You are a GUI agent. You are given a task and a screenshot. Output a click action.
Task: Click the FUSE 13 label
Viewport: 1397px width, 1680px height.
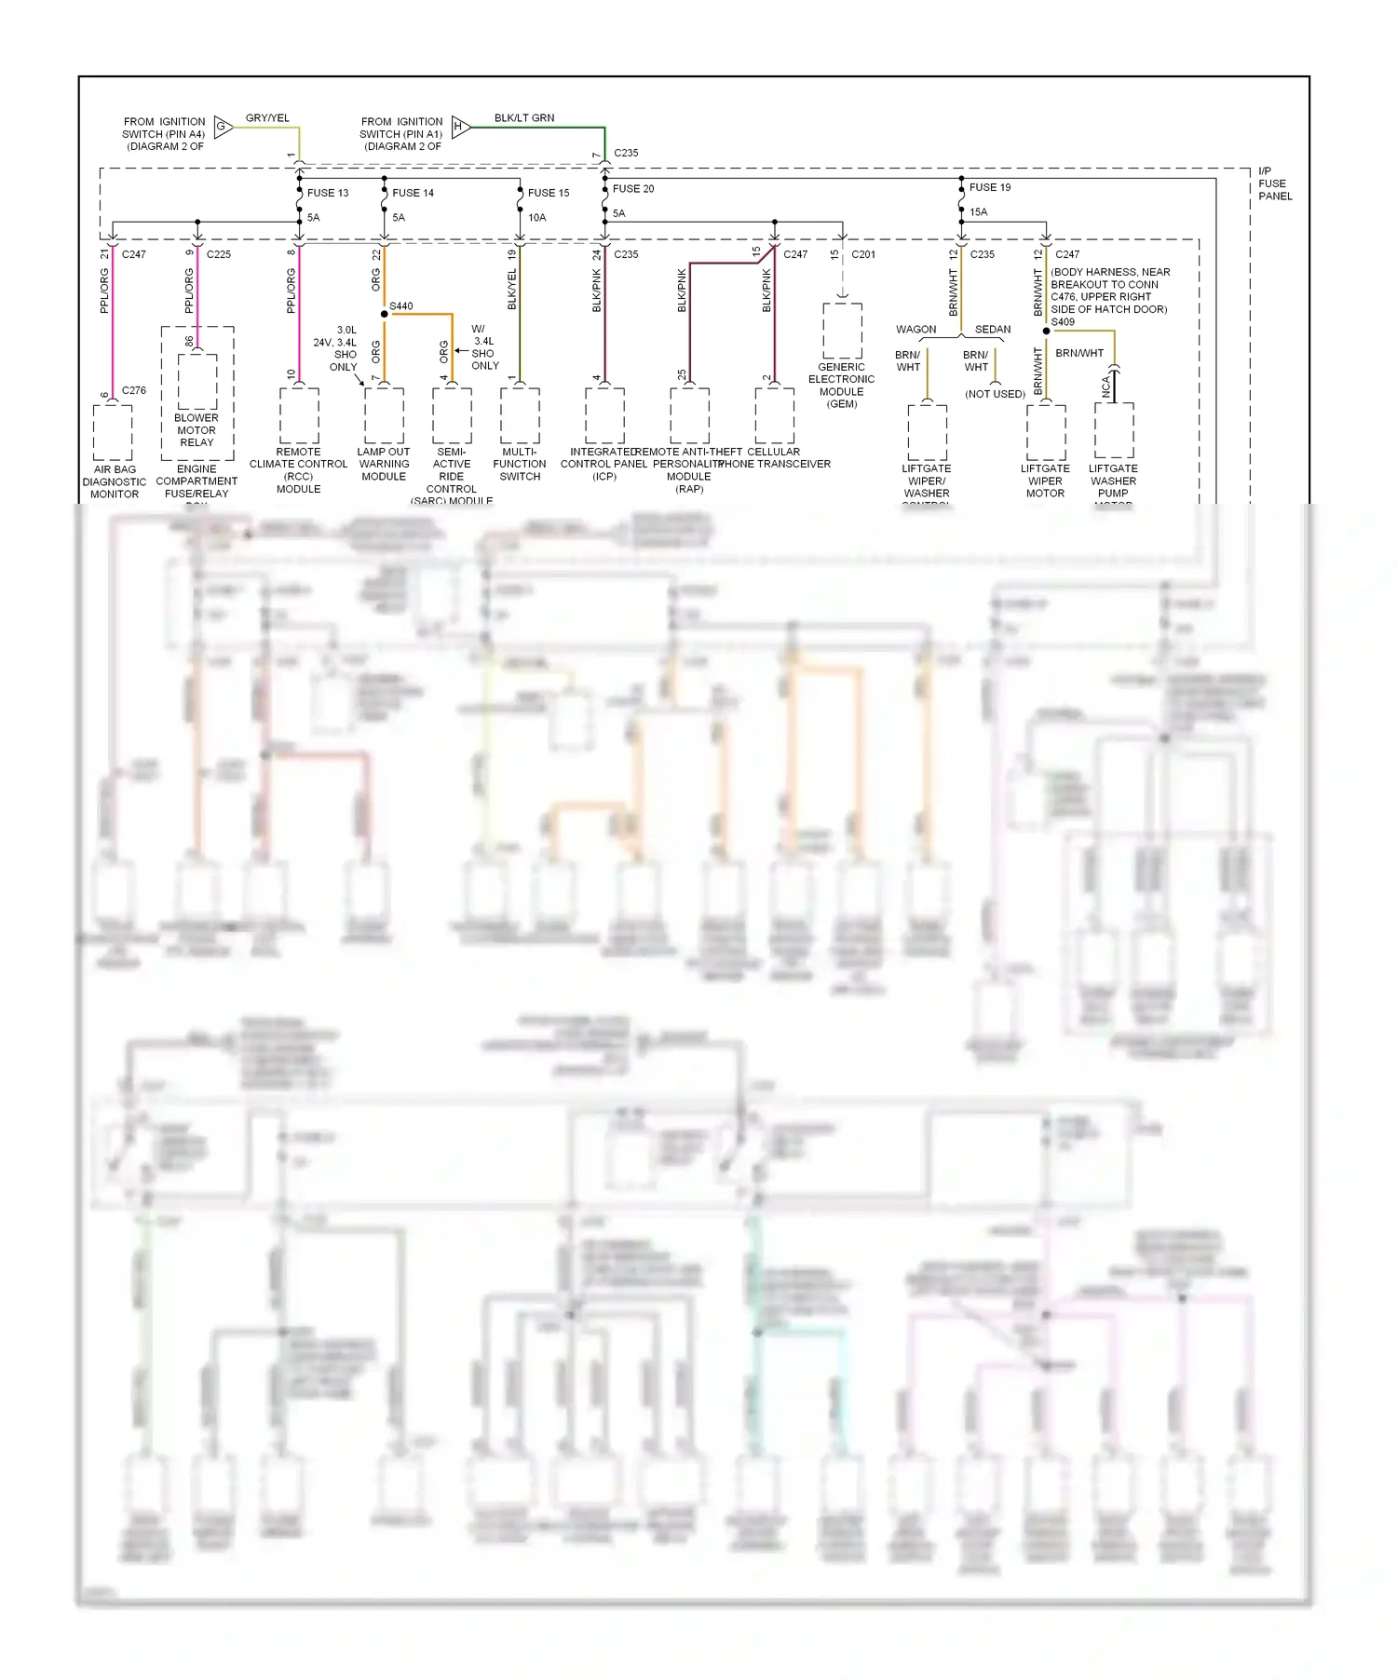327,193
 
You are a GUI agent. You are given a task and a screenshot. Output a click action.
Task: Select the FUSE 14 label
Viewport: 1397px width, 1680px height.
413,193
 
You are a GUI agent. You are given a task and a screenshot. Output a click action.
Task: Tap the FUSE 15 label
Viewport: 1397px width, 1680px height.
548,193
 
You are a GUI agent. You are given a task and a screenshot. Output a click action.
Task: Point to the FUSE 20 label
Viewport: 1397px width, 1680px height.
632,188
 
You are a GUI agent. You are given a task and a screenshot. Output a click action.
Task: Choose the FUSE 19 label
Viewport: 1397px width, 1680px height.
989,187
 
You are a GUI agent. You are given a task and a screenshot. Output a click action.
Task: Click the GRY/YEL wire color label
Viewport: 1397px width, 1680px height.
267,118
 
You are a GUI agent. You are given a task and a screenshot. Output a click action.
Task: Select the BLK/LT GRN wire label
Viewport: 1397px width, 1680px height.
523,118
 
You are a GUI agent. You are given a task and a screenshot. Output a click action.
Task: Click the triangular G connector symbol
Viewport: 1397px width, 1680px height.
223,126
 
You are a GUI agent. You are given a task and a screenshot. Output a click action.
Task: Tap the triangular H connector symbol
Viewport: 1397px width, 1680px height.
460,126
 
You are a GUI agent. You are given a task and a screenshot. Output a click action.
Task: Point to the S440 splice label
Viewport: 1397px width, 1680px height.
401,306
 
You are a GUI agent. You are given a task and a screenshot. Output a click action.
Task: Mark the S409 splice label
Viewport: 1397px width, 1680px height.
1063,322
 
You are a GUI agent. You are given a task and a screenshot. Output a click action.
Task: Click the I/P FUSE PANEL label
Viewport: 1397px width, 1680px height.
1274,183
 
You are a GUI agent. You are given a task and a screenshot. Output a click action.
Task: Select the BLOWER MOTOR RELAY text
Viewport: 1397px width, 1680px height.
197,430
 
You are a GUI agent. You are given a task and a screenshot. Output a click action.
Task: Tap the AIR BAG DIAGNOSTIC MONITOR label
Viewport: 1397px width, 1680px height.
115,481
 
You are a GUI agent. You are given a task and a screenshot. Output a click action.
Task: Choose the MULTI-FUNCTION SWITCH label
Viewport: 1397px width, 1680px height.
520,464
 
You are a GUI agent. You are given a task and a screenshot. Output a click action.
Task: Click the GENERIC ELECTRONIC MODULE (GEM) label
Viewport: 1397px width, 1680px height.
842,385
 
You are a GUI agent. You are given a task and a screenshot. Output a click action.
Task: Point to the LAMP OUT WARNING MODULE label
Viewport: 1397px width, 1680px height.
384,464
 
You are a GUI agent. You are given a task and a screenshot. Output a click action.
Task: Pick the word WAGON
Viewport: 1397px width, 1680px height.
916,330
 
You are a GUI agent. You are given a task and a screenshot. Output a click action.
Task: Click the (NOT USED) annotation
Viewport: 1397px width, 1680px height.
995,394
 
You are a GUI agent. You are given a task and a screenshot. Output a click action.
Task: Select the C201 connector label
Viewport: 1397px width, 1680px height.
862,254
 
